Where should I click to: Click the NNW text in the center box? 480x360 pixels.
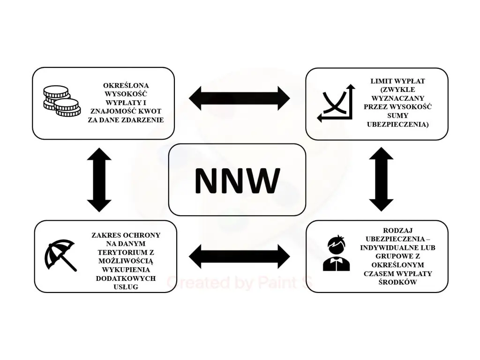[237, 180]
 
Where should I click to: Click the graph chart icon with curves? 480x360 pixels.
[336, 103]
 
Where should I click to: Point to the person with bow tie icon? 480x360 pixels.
[336, 254]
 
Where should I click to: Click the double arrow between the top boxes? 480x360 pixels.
[240, 98]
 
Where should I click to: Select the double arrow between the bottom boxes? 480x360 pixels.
[240, 256]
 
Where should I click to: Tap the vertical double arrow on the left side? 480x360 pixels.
[99, 180]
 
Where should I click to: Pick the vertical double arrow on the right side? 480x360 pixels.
[381, 179]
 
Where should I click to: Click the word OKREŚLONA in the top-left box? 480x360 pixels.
[126, 86]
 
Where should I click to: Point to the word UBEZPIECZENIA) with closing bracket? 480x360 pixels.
[397, 124]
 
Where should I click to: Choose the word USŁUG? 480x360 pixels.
[126, 286]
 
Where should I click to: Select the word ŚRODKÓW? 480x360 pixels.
[397, 282]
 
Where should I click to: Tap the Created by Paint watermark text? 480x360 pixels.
[239, 283]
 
